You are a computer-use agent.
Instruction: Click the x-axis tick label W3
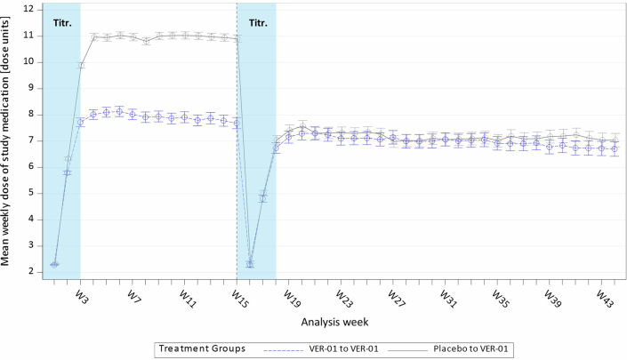(x=81, y=293)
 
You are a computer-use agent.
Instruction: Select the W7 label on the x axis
(x=133, y=293)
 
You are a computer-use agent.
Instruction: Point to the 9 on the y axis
(x=31, y=88)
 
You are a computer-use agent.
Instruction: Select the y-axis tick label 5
(x=31, y=193)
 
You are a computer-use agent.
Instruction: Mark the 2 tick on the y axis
(x=31, y=272)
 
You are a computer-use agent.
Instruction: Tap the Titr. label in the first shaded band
(x=61, y=24)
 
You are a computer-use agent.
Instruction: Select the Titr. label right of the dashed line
(x=260, y=24)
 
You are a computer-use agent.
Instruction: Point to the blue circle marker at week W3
(x=80, y=122)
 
